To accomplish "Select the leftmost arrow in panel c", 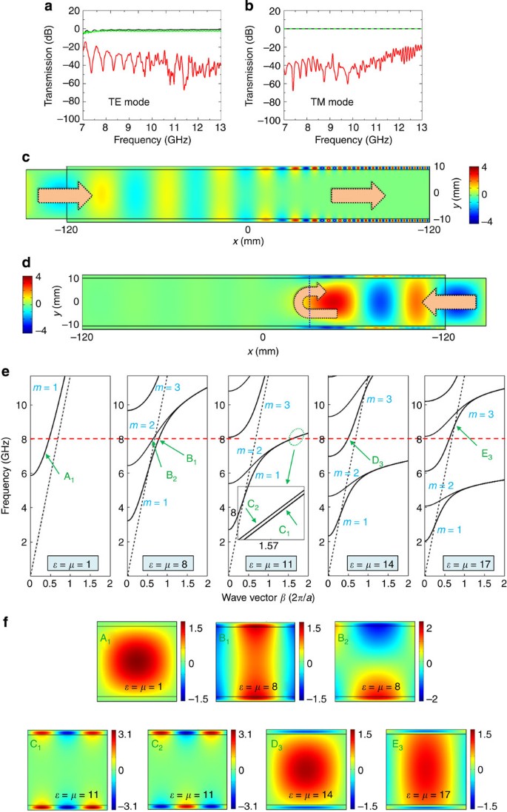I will (65, 195).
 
